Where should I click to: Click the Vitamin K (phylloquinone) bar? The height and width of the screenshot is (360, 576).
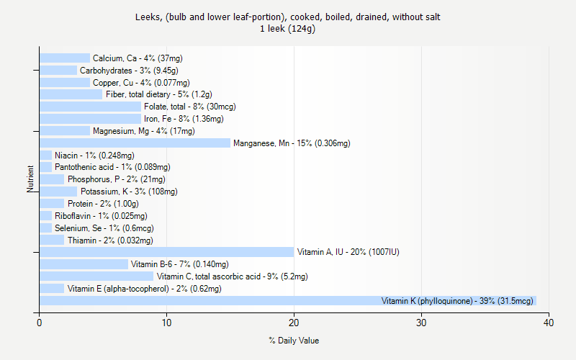click(288, 301)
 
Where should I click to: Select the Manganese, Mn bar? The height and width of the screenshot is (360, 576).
click(135, 143)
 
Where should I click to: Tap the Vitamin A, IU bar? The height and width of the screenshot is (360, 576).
click(166, 252)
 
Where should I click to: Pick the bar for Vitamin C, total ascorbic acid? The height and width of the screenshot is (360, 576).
click(96, 276)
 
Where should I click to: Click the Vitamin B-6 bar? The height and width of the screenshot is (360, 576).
click(84, 264)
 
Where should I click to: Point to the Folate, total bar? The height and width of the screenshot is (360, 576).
click(90, 107)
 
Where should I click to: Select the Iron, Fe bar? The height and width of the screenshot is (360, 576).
click(90, 119)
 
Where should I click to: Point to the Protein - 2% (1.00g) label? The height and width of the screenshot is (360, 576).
click(103, 204)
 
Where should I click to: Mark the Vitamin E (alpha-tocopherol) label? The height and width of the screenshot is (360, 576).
click(144, 289)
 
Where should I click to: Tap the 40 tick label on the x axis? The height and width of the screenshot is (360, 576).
click(549, 323)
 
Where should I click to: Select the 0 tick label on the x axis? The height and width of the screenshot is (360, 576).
click(40, 323)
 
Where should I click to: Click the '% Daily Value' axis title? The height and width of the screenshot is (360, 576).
click(294, 341)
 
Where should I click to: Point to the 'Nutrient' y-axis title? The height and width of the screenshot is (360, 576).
click(31, 179)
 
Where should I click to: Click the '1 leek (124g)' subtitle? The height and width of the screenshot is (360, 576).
click(288, 29)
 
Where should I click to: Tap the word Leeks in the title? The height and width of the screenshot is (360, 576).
click(146, 17)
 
